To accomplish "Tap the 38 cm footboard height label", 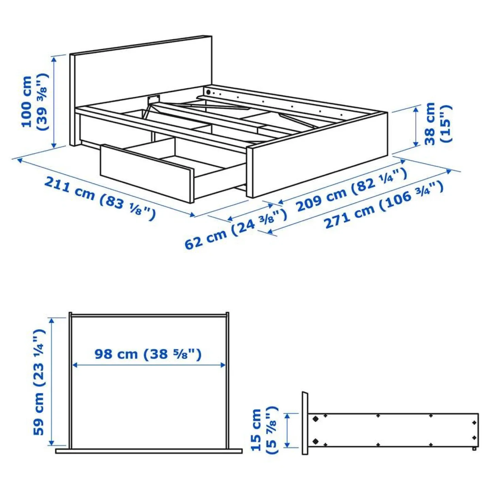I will pos(438,123).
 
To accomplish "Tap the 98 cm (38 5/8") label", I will pos(148,354).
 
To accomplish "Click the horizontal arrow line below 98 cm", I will pos(149,365).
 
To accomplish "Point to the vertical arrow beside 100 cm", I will pos(54,102).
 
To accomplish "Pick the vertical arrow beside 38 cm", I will pos(416,126).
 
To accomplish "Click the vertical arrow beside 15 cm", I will pos(287,430).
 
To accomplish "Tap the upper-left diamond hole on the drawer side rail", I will pos(315,419).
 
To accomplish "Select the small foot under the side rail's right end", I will pos(474,449).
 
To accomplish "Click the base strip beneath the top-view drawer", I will pos(149,451).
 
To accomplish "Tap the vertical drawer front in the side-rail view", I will pos(305,423).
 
